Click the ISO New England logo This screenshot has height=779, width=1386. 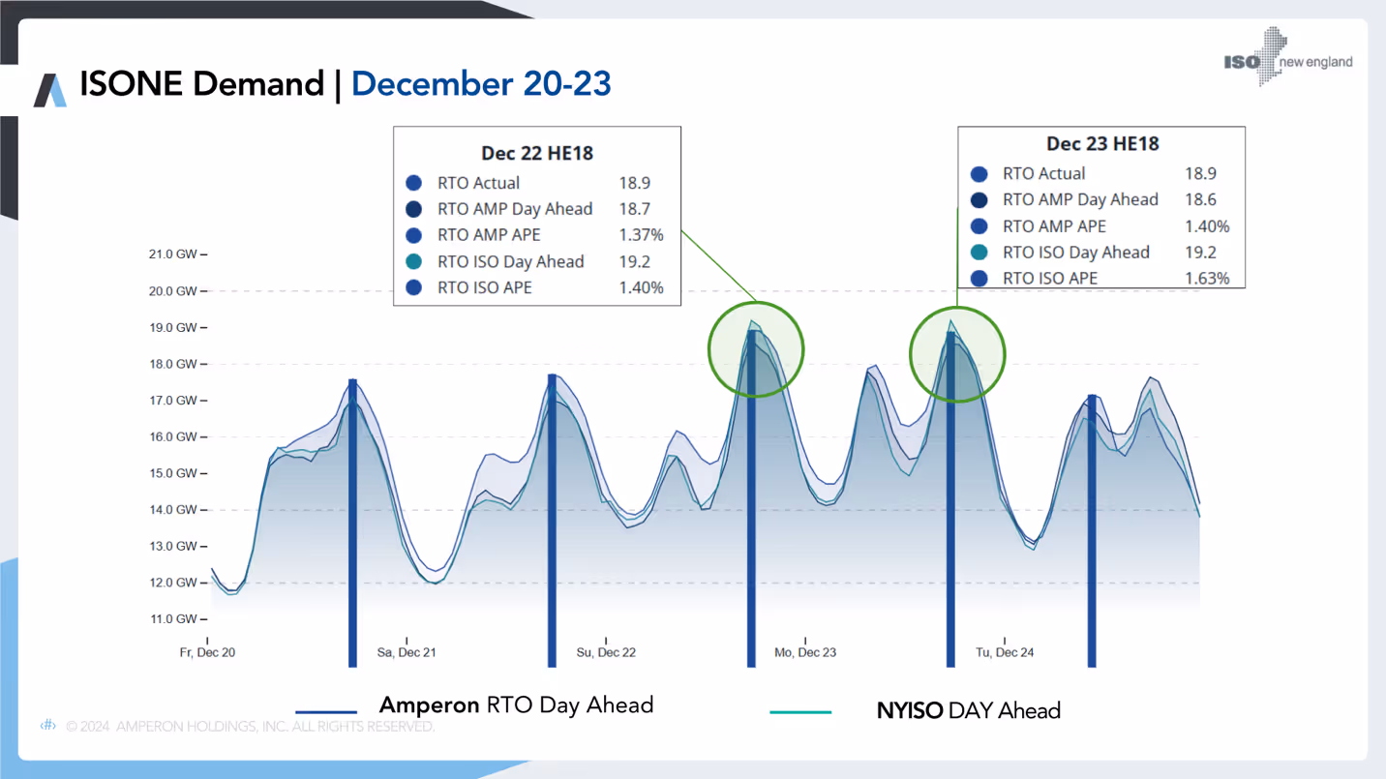coord(1287,59)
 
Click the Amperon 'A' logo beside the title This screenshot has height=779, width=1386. coord(50,89)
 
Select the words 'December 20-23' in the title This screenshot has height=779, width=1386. coord(481,84)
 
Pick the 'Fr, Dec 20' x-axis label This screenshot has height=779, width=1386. coord(207,652)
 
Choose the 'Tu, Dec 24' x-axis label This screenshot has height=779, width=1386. coord(1005,652)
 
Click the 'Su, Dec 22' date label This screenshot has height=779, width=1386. coord(606,652)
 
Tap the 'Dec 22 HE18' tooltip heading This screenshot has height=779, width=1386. coord(537,153)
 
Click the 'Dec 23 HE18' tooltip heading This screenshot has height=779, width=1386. coord(1102,143)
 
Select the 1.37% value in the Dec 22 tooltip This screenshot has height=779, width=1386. coord(641,235)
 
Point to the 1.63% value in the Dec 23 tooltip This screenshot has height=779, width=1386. coord(1207,279)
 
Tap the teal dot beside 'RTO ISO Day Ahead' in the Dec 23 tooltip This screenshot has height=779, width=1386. coord(979,253)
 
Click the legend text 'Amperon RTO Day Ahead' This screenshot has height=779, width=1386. coord(516,705)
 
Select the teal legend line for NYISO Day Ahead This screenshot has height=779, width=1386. coord(800,712)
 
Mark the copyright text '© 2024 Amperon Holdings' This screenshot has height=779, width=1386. coord(250,726)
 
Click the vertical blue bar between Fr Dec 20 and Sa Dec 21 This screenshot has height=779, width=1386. coord(352,523)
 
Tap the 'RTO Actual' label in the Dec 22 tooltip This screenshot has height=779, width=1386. coord(478,183)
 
